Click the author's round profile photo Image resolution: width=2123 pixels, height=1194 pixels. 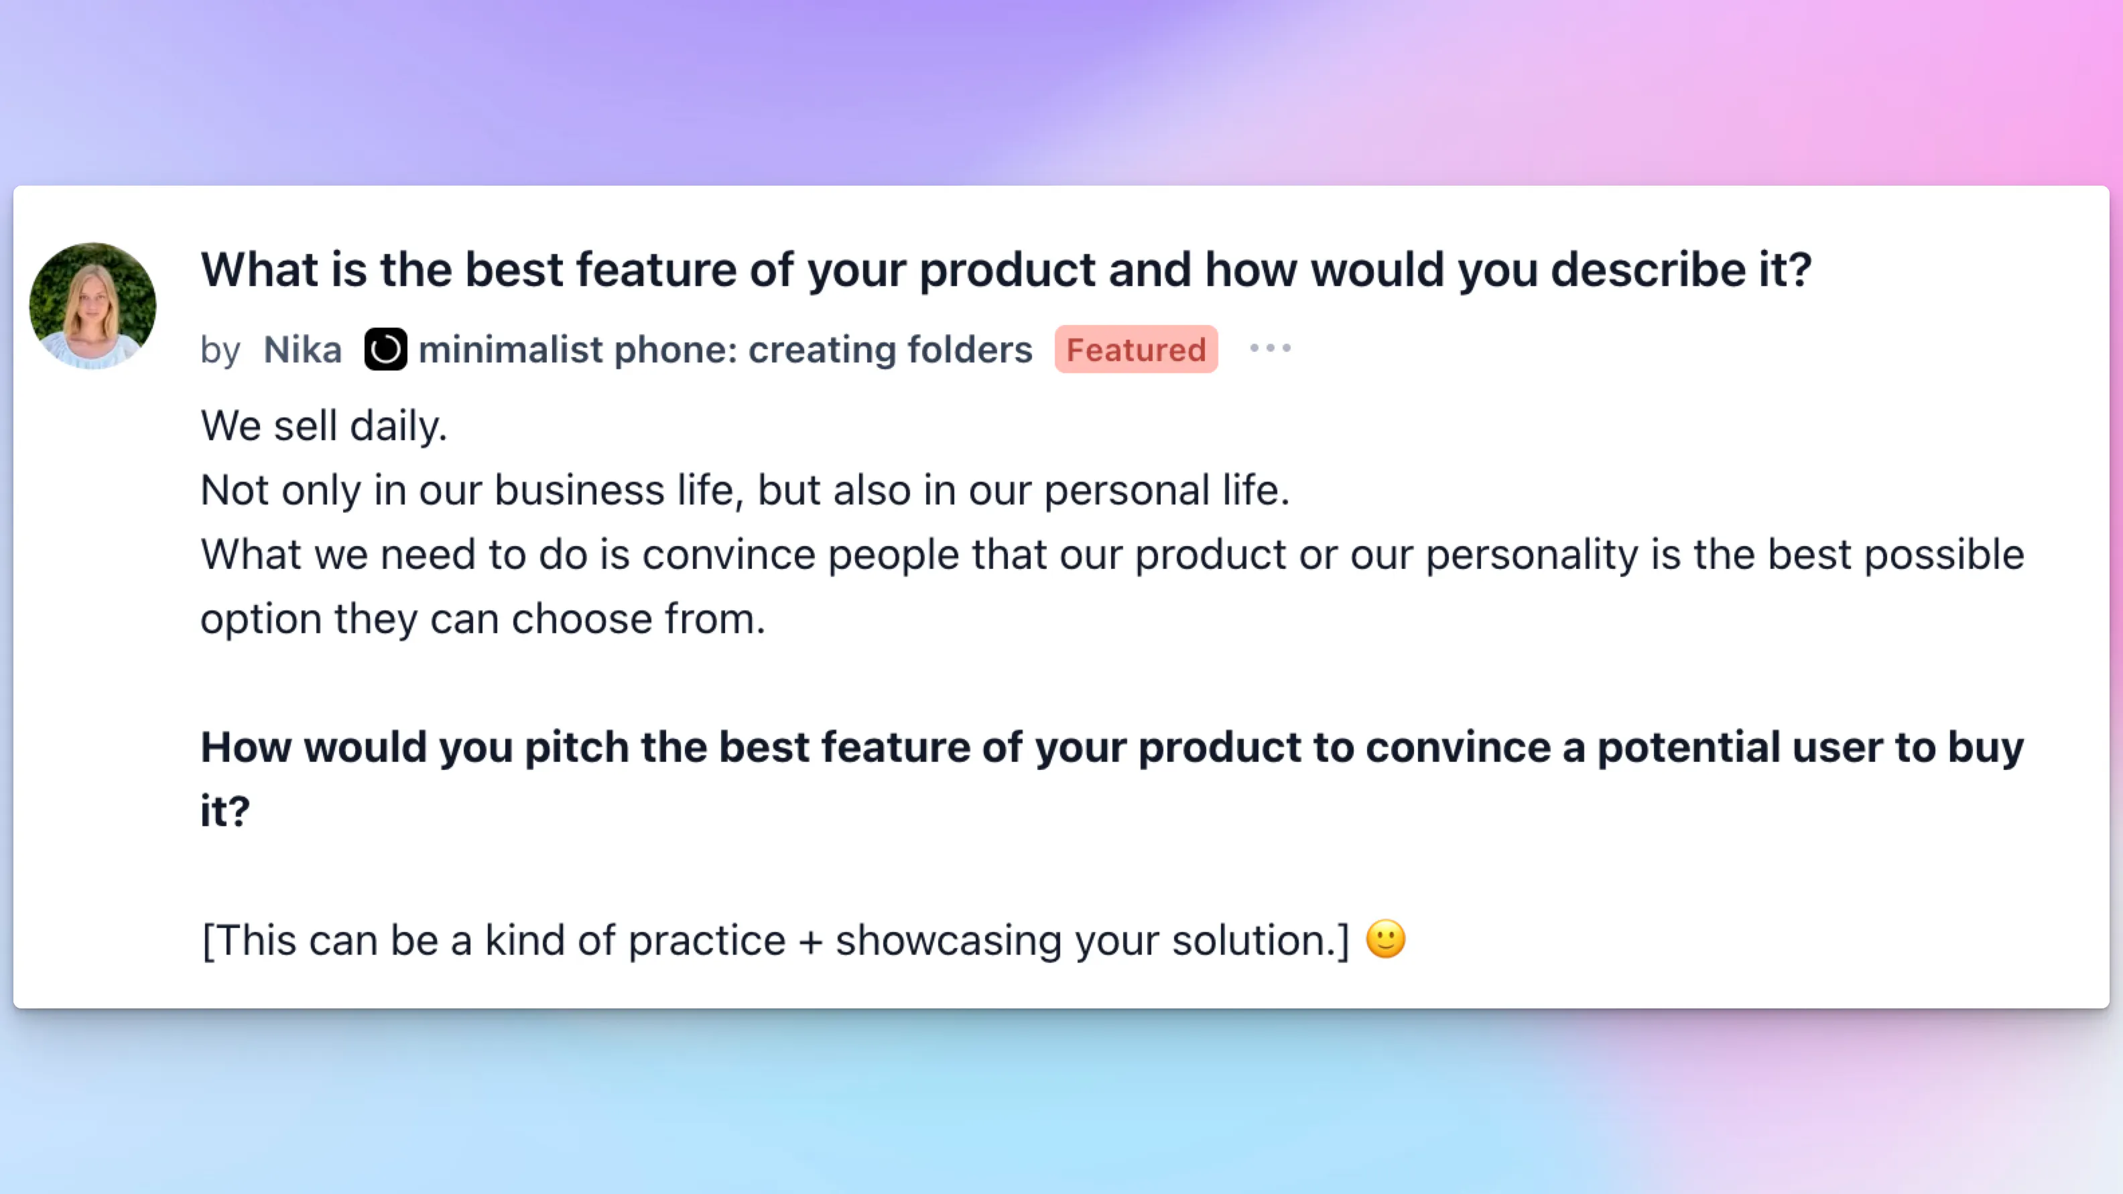[92, 306]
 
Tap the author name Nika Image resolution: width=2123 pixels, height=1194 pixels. [302, 349]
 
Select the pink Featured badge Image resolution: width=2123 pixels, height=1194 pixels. [1136, 349]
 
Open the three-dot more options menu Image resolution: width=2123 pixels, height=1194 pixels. [1270, 348]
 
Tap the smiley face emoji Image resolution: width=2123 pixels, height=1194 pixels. [1385, 939]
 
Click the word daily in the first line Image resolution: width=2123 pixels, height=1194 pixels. [398, 426]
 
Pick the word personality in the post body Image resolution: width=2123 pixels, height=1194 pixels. [1532, 555]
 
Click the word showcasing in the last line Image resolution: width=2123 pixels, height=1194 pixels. [948, 941]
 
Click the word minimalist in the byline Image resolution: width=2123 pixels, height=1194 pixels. [511, 349]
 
